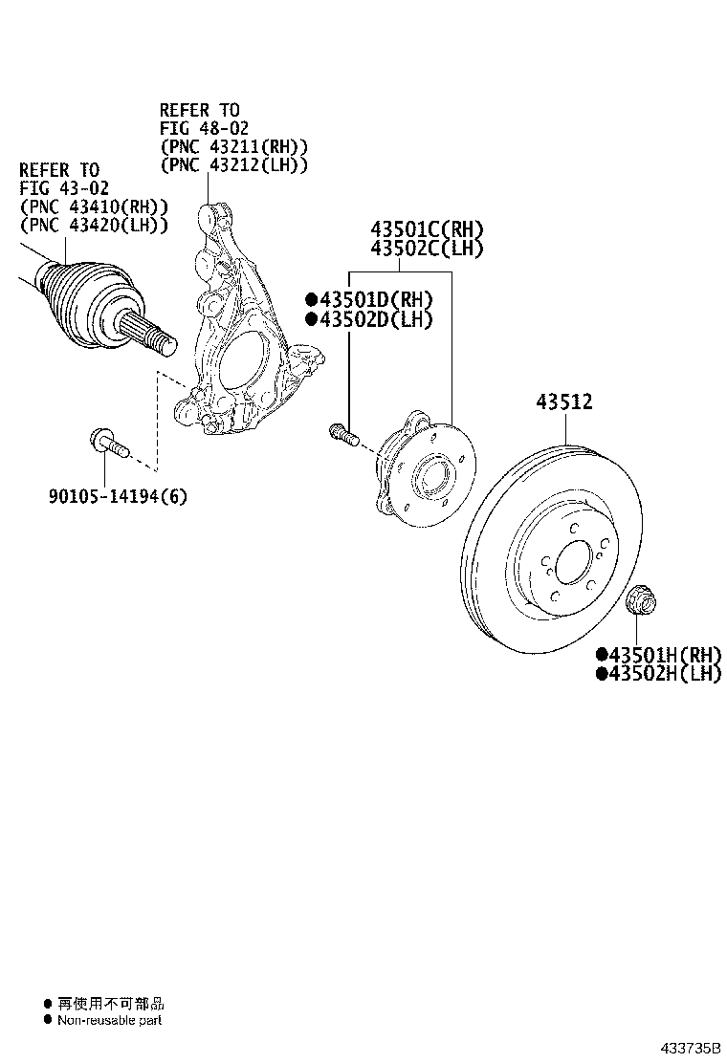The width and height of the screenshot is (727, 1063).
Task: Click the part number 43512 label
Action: (x=563, y=402)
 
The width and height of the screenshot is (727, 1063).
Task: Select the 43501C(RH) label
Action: (x=428, y=229)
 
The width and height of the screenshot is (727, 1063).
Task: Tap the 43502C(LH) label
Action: (x=428, y=249)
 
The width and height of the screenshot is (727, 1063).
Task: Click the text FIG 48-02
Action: (x=205, y=129)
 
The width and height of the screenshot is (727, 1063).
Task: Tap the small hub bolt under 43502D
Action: (x=342, y=435)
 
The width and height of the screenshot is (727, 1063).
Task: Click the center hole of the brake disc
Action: (x=572, y=564)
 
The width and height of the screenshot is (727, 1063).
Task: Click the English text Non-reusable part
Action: (x=109, y=1020)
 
